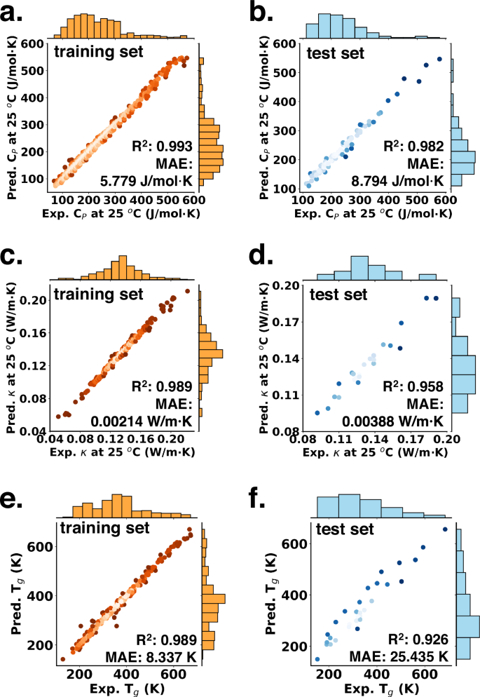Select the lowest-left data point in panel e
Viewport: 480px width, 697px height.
tap(63, 658)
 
